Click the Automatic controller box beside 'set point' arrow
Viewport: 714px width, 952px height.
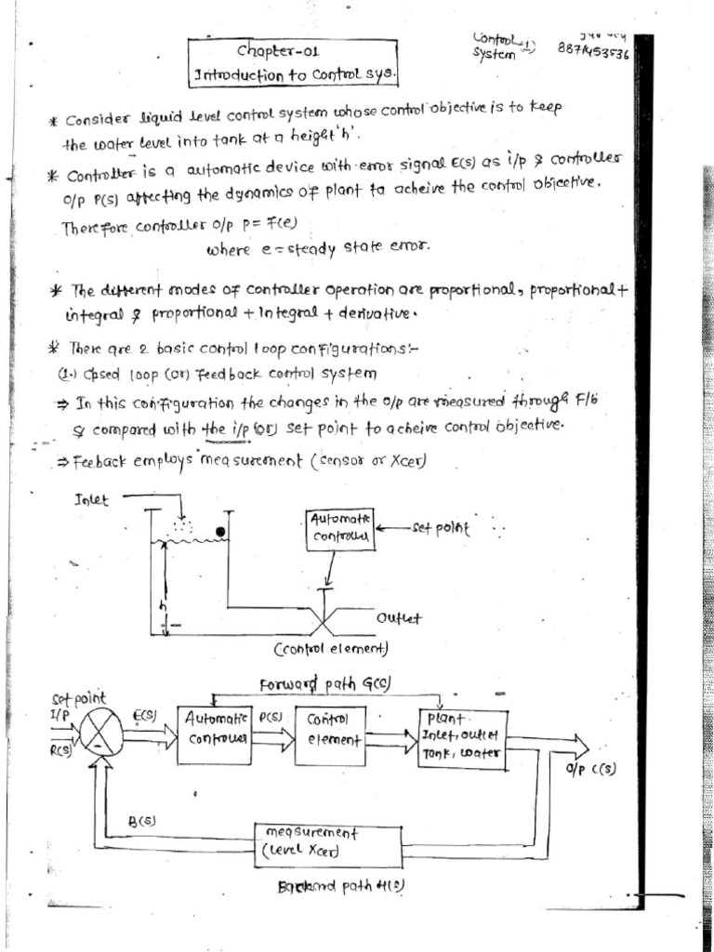pyautogui.click(x=340, y=529)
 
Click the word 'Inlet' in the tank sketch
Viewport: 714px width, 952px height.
pyautogui.click(x=91, y=500)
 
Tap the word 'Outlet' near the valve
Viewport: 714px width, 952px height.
pyautogui.click(x=399, y=617)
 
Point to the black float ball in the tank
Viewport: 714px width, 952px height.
pyautogui.click(x=221, y=532)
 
